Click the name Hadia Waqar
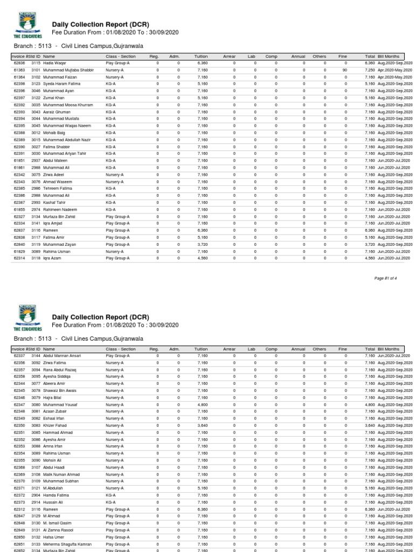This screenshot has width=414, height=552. point(54,63)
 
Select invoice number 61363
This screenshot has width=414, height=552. point(19,70)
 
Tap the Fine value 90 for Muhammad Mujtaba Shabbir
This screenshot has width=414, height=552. point(344,70)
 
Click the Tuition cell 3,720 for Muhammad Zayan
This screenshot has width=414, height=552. point(202,244)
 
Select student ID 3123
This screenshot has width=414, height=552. point(36,84)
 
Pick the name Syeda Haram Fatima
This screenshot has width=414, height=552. point(61,84)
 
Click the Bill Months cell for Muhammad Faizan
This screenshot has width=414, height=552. point(395,77)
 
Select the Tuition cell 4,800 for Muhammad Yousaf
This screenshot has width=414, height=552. point(202,404)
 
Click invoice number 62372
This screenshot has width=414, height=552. point(19,495)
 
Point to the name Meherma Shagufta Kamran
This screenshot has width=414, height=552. point(67,544)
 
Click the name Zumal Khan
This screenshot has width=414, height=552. point(54,98)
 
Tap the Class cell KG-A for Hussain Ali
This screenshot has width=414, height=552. point(111,502)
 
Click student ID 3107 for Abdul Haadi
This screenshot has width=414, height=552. point(36,467)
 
